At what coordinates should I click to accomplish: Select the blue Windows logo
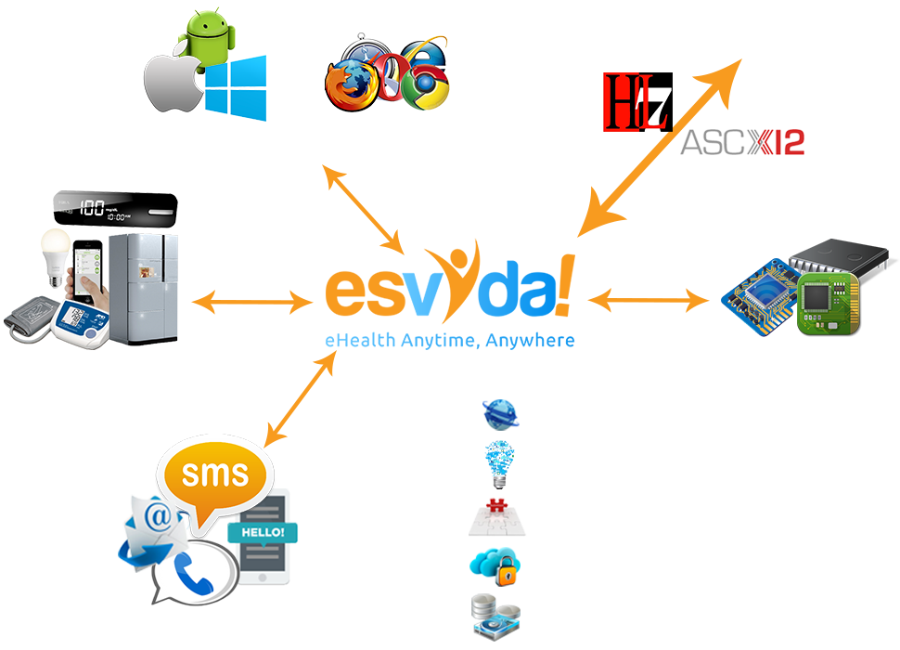[236, 88]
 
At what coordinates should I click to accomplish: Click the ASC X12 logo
[741, 142]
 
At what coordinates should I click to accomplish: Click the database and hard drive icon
[495, 617]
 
